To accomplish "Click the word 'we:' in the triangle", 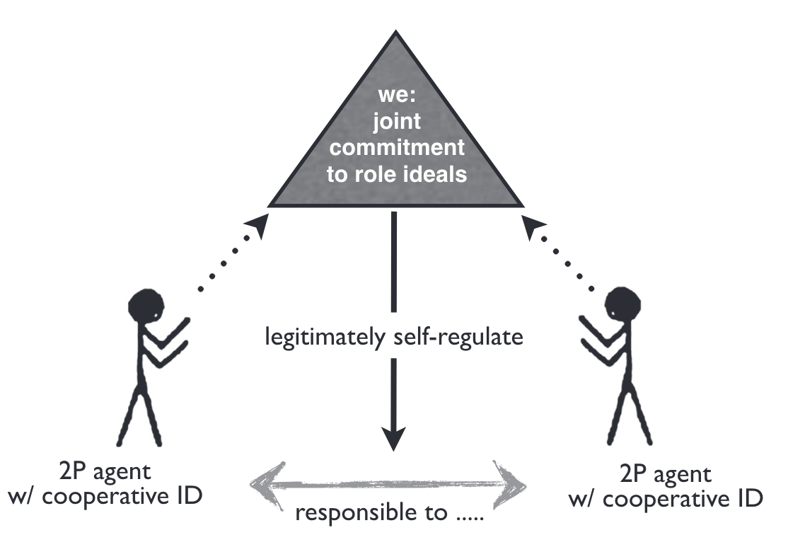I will [396, 97].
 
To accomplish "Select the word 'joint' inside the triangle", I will [396, 122].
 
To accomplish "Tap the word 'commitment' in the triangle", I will [397, 148].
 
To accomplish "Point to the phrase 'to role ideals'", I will [397, 173].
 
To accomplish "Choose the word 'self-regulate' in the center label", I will [460, 336].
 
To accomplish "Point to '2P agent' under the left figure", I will [107, 471].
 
